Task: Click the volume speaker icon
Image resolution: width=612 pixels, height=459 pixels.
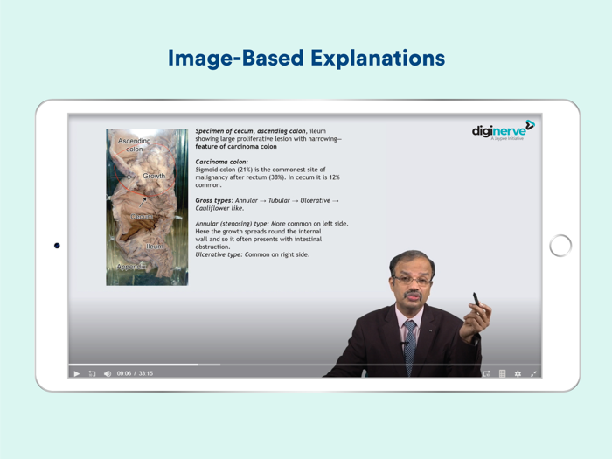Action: [x=108, y=373]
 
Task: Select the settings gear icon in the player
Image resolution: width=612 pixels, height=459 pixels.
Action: [x=518, y=373]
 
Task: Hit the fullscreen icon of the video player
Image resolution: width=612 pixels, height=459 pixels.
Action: [x=533, y=373]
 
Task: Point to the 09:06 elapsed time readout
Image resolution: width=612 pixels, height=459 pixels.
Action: [x=123, y=373]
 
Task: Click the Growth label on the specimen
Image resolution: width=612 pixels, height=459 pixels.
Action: [x=154, y=176]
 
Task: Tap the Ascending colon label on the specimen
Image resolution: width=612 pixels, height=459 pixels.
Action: [x=134, y=144]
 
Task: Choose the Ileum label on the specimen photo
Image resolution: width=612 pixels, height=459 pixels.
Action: [x=154, y=247]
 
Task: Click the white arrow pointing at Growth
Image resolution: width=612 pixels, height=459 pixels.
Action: [x=121, y=177]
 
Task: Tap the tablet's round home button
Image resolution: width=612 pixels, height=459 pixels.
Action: [x=560, y=246]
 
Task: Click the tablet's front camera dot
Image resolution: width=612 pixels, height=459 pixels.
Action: [x=57, y=246]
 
